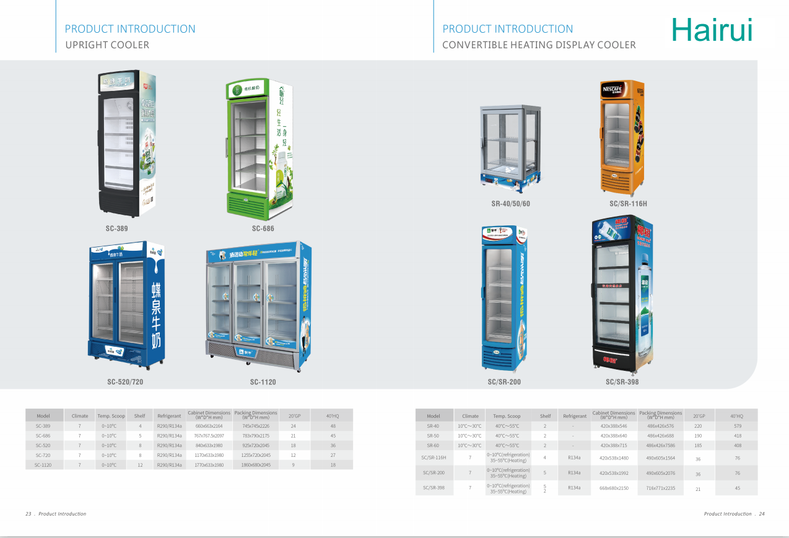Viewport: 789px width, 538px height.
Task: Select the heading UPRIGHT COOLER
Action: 107,45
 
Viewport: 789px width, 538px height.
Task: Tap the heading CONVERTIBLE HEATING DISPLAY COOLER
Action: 539,45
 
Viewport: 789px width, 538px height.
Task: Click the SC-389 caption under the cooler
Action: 116,228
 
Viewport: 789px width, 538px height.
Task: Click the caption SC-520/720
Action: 125,382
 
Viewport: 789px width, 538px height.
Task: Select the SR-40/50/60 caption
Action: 510,204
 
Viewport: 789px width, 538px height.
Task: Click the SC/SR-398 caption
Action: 622,382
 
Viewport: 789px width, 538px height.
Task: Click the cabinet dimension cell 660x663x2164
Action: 209,426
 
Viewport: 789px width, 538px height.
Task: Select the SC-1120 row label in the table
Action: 43,465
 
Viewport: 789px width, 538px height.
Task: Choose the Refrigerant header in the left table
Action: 169,416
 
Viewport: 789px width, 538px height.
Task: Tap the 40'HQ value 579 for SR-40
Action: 737,426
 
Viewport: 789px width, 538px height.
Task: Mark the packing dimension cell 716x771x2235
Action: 660,488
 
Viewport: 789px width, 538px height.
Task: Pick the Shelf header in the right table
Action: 545,416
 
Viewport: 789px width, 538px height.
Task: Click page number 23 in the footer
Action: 28,514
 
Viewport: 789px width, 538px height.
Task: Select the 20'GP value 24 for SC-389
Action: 294,426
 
